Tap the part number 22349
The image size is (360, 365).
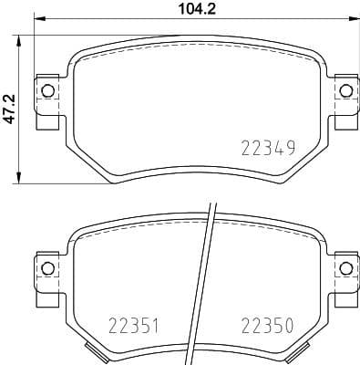[x=267, y=148]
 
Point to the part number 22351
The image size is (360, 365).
[x=136, y=325]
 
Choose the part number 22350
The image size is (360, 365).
[x=267, y=325]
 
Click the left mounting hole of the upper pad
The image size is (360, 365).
[x=46, y=89]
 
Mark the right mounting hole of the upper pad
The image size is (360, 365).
[x=345, y=89]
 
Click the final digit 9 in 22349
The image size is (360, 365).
[x=290, y=148]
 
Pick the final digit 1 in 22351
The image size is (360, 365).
[x=159, y=325]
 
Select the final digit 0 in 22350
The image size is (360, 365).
[x=290, y=325]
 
